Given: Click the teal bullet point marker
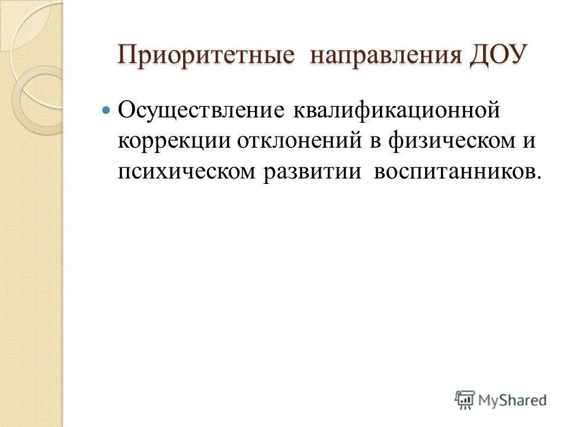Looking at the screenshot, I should (107, 111).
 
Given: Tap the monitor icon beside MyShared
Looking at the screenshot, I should (465, 399).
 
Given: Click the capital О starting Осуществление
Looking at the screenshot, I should (126, 110).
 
